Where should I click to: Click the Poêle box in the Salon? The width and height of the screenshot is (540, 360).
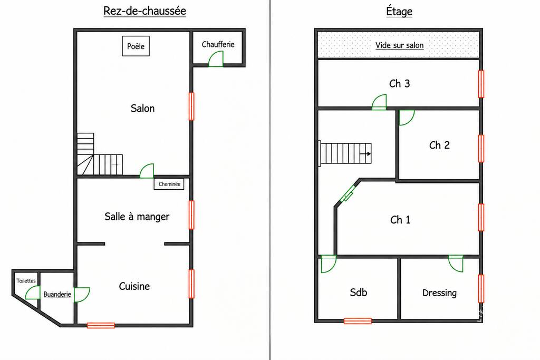coord(136,46)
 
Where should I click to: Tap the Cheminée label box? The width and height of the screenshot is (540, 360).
coord(169,184)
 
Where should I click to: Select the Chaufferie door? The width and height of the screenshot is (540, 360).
coord(216,59)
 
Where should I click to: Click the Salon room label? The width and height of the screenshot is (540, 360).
coord(142,109)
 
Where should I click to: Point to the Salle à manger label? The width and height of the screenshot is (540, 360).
coord(137,217)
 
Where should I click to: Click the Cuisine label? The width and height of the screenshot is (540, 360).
coord(134,286)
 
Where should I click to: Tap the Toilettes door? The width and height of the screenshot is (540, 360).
coord(33,293)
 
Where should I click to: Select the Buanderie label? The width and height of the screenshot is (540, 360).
coord(57,294)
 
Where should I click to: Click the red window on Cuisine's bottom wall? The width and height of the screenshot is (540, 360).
coord(101,325)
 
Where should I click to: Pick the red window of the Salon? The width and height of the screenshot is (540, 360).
coord(191,106)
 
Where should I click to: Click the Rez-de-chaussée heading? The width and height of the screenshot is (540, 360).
coord(144,11)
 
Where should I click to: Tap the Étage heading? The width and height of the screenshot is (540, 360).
coord(399,11)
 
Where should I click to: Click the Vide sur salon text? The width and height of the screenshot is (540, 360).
coord(400,45)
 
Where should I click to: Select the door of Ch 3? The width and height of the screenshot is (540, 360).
coord(379,102)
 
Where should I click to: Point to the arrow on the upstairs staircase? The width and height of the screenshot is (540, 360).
coord(365,154)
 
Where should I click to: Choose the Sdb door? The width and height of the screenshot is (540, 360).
coord(329,264)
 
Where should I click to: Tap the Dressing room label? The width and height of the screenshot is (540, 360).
coord(439,293)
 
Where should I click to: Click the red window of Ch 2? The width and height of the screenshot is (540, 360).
coord(481,148)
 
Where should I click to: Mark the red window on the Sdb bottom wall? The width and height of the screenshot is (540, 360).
coord(358,321)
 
